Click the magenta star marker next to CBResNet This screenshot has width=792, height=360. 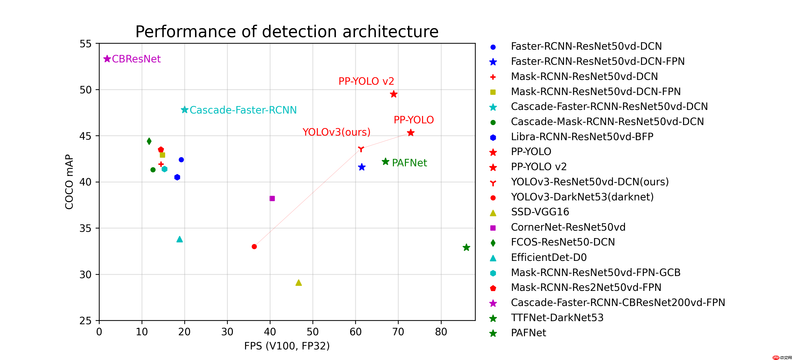click(x=107, y=59)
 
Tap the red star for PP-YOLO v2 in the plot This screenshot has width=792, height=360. click(x=394, y=94)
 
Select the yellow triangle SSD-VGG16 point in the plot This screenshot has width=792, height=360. click(x=299, y=283)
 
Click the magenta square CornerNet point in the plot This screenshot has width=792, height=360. click(x=272, y=198)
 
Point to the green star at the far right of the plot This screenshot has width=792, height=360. click(x=466, y=247)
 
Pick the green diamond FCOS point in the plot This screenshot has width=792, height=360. click(x=149, y=141)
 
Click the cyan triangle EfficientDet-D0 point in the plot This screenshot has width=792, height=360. click(x=180, y=239)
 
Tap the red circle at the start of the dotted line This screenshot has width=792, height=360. click(x=254, y=246)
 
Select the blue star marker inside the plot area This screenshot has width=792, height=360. click(x=362, y=167)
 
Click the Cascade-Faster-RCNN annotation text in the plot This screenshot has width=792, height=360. click(x=243, y=110)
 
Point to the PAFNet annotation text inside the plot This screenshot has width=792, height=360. click(x=409, y=163)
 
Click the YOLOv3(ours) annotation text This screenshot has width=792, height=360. click(x=336, y=132)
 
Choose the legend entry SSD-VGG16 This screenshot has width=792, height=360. click(x=540, y=212)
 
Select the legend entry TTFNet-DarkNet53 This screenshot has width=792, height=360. click(x=557, y=318)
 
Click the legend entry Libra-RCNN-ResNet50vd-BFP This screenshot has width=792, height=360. click(x=582, y=137)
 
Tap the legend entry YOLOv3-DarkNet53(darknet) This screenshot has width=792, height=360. click(x=582, y=197)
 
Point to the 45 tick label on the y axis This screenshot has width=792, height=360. click(x=85, y=136)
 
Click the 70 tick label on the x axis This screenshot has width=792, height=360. click(x=398, y=332)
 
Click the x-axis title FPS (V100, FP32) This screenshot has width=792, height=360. click(x=287, y=346)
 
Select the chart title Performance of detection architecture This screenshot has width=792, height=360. click(x=287, y=32)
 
